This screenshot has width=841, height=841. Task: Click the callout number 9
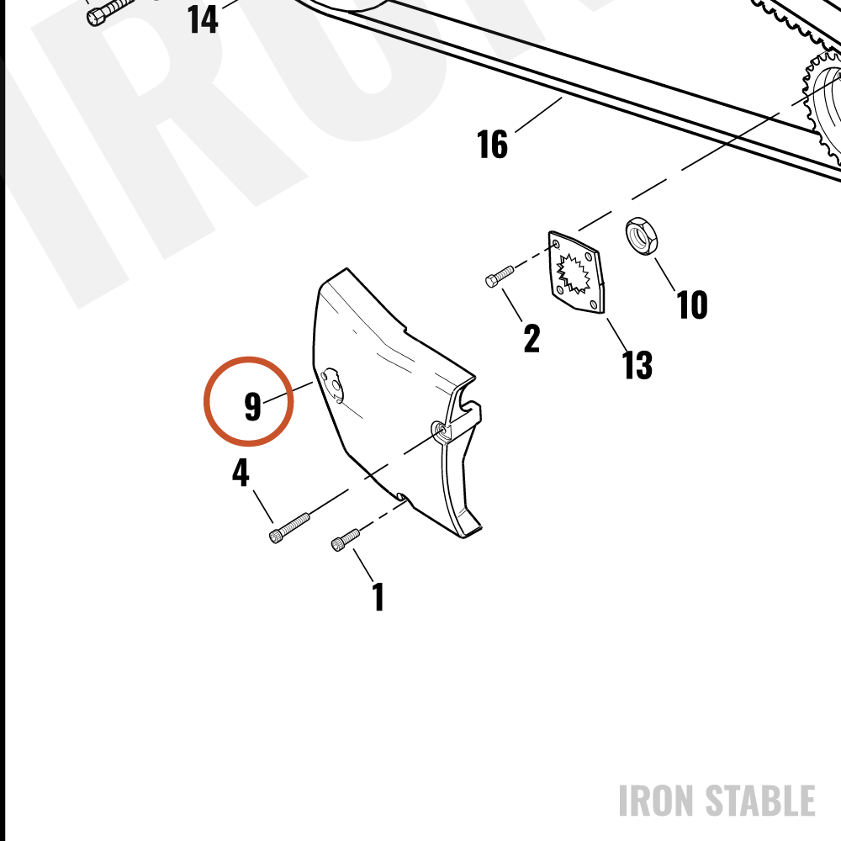click(252, 406)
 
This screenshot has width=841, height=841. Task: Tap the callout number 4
click(241, 472)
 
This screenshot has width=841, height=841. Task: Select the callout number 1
click(378, 596)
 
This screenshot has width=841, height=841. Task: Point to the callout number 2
click(532, 338)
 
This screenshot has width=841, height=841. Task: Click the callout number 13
click(637, 365)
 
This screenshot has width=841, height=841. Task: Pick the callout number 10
click(692, 304)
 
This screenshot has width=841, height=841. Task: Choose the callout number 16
click(492, 144)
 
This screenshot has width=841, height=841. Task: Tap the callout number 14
click(203, 20)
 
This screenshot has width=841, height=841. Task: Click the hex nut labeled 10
click(642, 236)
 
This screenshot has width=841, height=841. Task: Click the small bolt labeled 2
click(499, 276)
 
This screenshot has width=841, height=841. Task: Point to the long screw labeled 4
click(289, 528)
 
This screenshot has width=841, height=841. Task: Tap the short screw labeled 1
click(346, 540)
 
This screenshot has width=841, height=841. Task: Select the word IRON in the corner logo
click(658, 801)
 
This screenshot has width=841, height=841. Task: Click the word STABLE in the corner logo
click(760, 801)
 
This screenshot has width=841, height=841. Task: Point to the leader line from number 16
click(538, 114)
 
